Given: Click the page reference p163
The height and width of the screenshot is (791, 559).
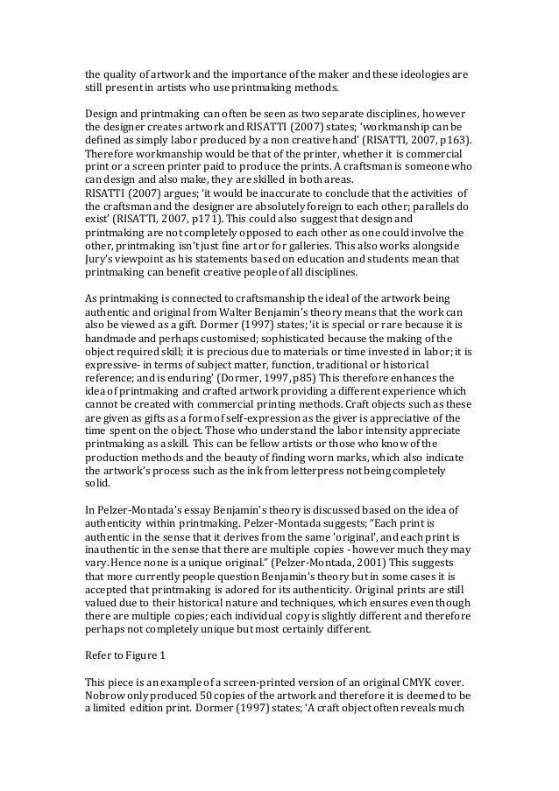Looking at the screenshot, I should click(455, 138).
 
